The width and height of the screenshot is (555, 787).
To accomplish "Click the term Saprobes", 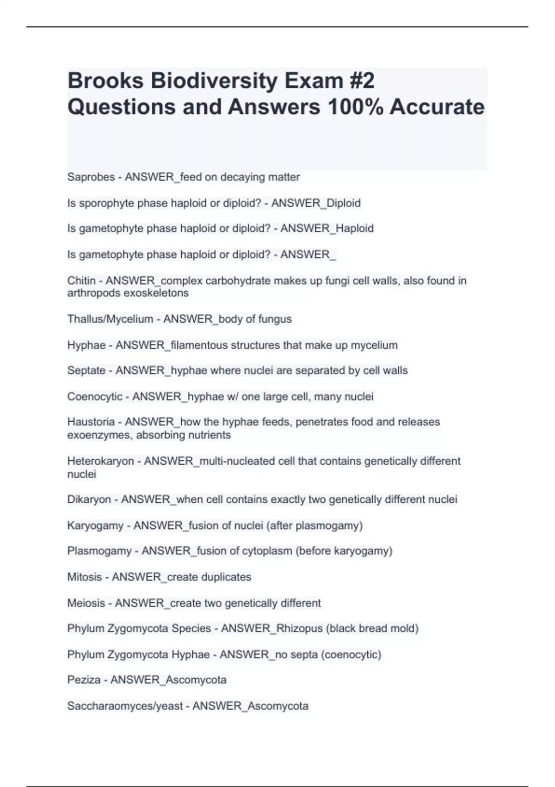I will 91,177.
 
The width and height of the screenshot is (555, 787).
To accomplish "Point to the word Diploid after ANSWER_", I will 344,203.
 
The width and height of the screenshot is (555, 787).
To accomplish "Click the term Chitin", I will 81,281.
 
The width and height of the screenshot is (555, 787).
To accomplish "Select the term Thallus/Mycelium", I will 110,319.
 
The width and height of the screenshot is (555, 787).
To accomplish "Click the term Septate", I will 86,370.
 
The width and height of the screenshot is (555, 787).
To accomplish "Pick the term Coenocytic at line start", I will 95,397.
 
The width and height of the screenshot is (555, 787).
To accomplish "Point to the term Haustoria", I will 91,422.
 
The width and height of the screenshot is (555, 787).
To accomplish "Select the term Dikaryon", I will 89,500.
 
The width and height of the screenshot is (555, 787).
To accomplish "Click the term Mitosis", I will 84,577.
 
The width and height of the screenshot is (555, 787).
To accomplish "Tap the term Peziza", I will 84,680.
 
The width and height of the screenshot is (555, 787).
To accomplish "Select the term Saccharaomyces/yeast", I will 125,706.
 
